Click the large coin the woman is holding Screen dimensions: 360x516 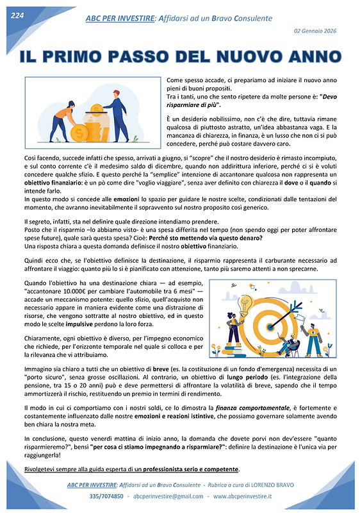80,133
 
